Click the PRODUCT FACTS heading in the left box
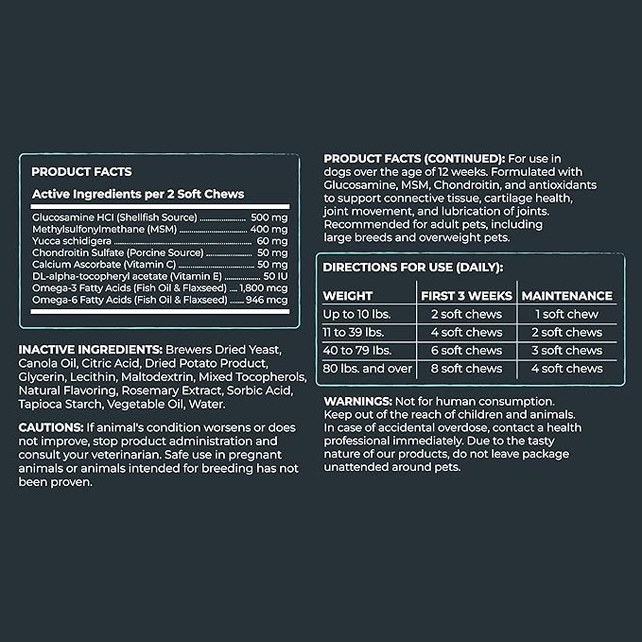point(81,172)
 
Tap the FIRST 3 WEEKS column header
point(466,295)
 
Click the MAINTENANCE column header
point(566,295)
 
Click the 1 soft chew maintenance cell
point(566,314)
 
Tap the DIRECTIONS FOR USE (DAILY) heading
point(413,267)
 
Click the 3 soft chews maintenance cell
point(566,350)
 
